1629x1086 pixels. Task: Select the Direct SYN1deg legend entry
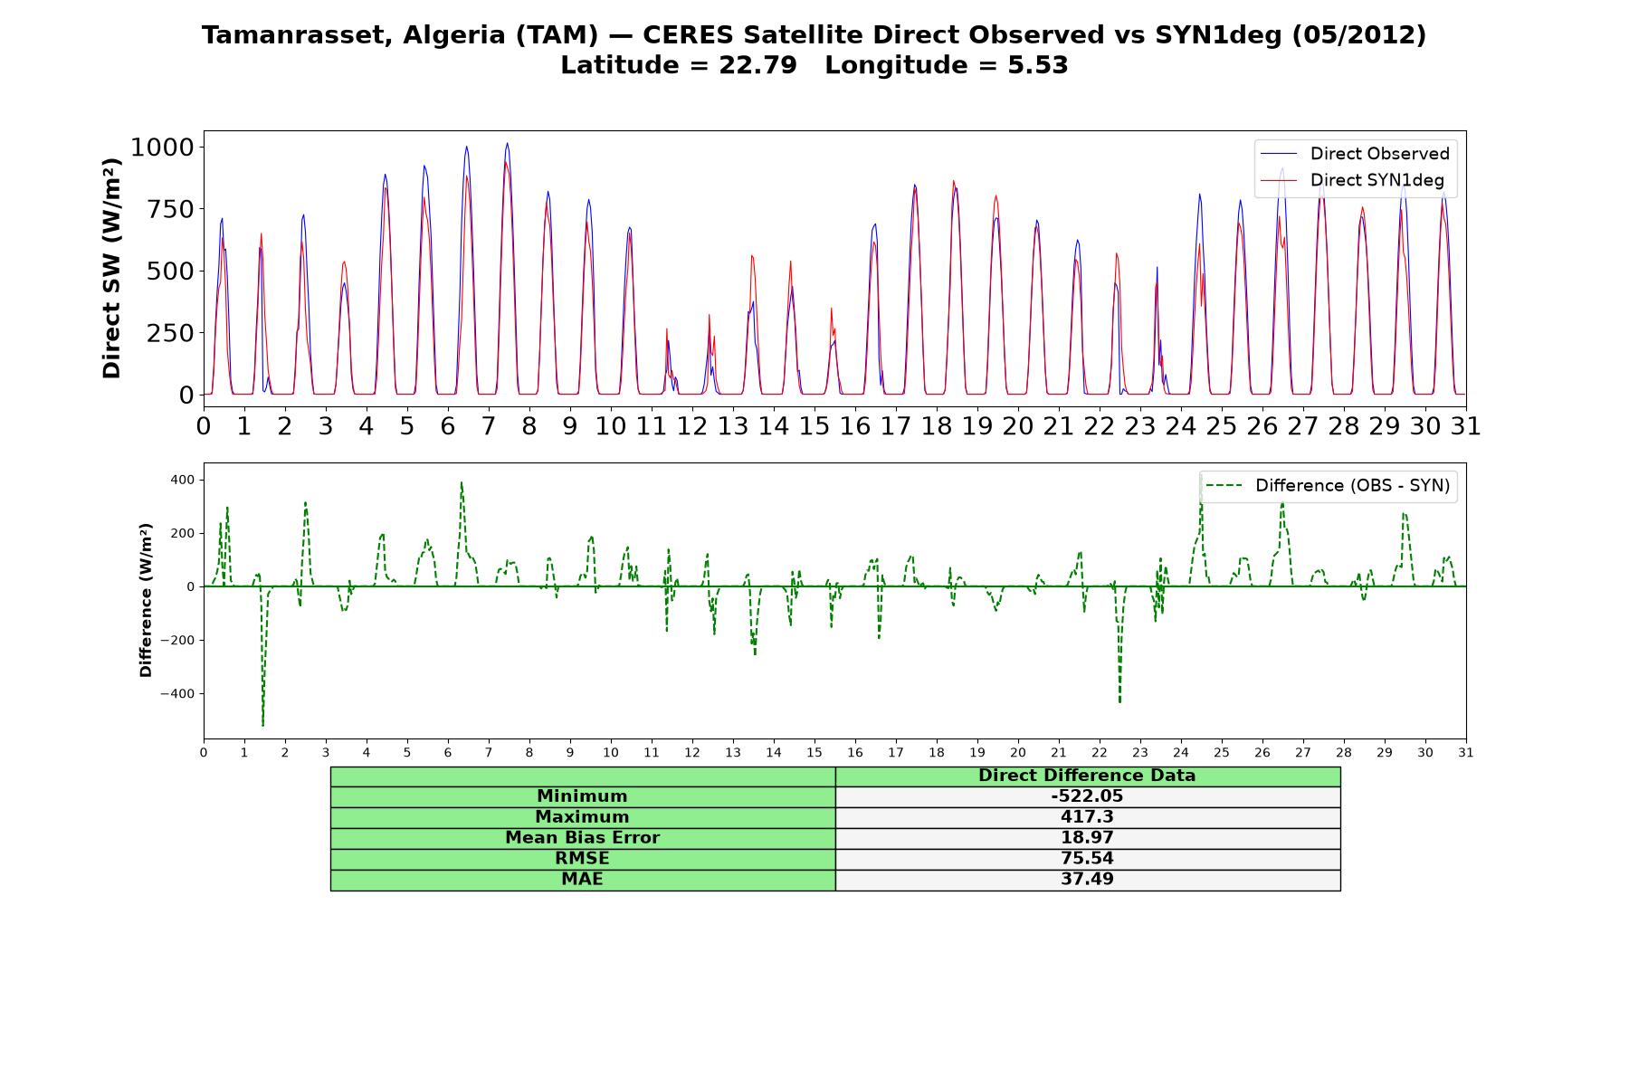coord(1352,180)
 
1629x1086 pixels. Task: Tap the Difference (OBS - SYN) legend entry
coord(1328,486)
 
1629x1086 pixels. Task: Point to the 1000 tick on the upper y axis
coord(163,147)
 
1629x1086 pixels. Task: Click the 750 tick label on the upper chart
coord(175,209)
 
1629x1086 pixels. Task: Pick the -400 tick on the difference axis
coord(178,694)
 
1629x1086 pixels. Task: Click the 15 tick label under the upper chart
coord(814,425)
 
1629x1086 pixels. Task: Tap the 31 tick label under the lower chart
coord(1465,752)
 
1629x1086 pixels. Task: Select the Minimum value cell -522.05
coord(1087,796)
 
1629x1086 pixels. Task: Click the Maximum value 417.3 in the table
coord(1087,817)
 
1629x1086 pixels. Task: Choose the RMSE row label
coord(582,859)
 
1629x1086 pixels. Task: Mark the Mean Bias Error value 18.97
coord(1087,838)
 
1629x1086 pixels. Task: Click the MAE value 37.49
coord(1087,880)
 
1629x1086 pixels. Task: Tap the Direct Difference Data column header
coord(1087,776)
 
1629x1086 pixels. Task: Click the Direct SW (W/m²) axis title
coord(111,268)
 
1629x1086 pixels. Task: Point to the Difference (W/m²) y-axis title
coord(146,600)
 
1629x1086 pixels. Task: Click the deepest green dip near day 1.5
coord(262,724)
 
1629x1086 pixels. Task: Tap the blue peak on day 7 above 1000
coord(507,144)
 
